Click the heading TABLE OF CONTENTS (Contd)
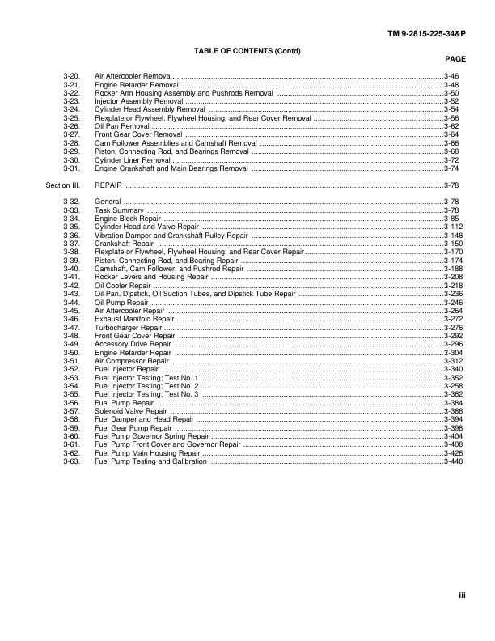pyautogui.click(x=247, y=50)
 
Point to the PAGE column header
pyautogui.click(x=455, y=59)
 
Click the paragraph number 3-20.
pyautogui.click(x=70, y=74)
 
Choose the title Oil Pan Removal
pyautogui.click(x=122, y=126)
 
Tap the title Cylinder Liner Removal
pyautogui.click(x=132, y=160)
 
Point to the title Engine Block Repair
pyautogui.click(x=129, y=219)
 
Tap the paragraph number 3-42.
pyautogui.click(x=70, y=286)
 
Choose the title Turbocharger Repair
pyautogui.click(x=129, y=328)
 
